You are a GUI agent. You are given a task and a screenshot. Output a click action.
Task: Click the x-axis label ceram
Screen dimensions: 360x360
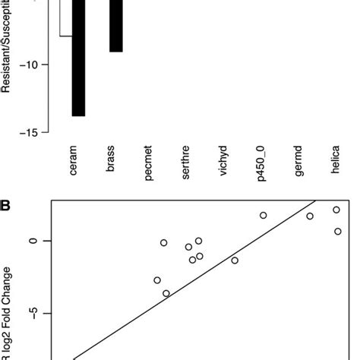tap(74, 162)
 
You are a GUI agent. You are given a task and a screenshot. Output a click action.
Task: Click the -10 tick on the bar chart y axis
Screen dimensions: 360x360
tap(32, 65)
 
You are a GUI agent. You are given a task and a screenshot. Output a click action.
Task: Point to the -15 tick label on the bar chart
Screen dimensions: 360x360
tap(32, 133)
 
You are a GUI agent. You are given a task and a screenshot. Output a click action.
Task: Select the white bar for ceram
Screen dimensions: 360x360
tap(65, 18)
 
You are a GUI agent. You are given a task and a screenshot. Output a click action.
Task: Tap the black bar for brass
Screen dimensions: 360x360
tap(115, 27)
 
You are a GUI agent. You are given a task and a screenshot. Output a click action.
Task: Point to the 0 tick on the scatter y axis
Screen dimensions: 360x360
tap(33, 241)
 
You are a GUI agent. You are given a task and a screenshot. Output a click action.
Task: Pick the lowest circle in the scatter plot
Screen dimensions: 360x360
tap(166, 293)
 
